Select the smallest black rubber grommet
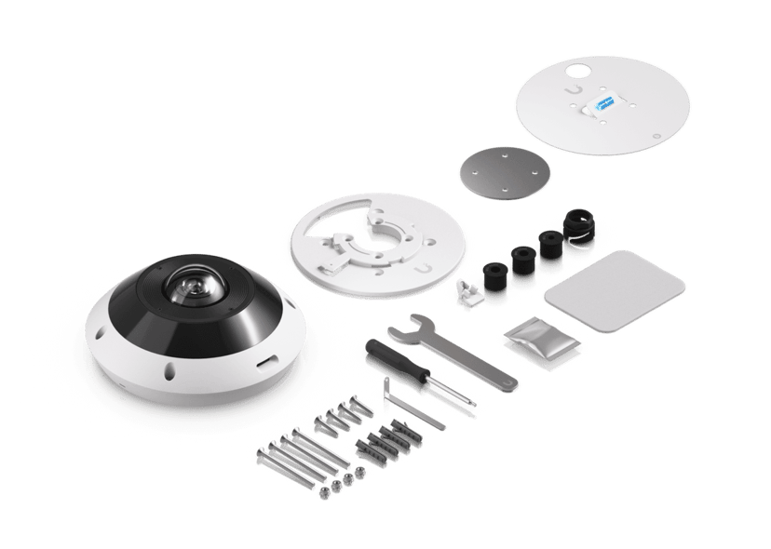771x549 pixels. click(x=494, y=274)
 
